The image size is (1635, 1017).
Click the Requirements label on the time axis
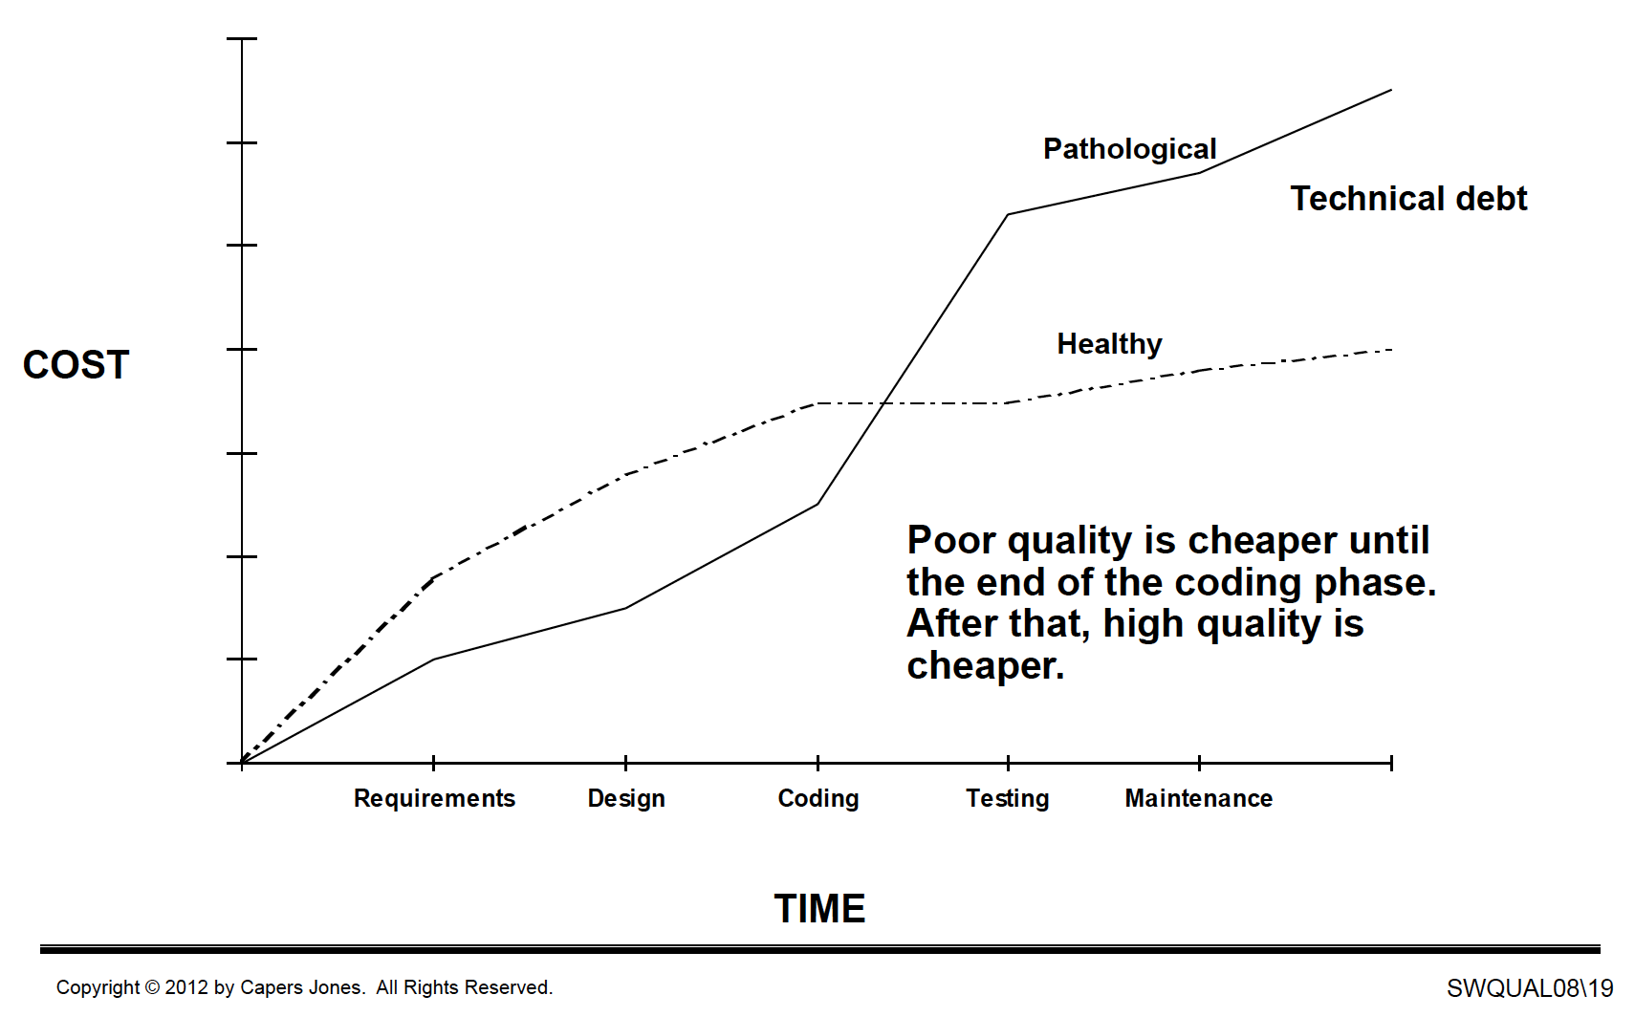[434, 798]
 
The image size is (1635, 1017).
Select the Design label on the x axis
[626, 798]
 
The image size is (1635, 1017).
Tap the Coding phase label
[818, 798]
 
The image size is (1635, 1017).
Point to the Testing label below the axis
[1008, 798]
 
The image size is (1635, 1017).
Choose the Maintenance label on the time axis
[1199, 798]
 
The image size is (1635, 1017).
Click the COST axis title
[76, 365]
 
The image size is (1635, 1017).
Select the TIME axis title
[819, 908]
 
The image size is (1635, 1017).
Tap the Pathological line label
[1129, 149]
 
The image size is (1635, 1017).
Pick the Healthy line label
[1109, 344]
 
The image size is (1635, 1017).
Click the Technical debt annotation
[1408, 199]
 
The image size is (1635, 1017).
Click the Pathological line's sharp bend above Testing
[1008, 215]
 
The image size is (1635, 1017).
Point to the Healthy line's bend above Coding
[817, 403]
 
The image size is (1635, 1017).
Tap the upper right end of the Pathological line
[1390, 90]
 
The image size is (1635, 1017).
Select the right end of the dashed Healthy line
[1390, 350]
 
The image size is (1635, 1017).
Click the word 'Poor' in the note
[951, 541]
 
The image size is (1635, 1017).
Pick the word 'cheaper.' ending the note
[985, 666]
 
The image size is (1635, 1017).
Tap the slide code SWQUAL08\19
[1530, 988]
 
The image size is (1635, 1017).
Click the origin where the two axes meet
[242, 763]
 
